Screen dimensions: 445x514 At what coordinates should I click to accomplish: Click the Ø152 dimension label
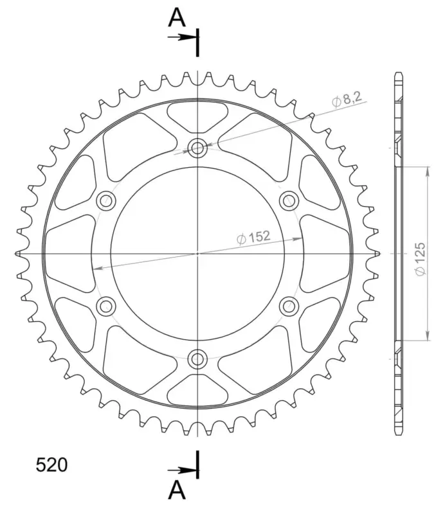coord(253,237)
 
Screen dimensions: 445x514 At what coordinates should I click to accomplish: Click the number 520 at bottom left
coord(51,465)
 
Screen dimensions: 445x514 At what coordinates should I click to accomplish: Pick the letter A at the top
coord(177,18)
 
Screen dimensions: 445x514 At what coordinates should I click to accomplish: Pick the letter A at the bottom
coord(177,490)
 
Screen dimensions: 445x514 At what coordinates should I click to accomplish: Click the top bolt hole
coord(197,148)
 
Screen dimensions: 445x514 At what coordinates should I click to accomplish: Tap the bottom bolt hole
coord(197,359)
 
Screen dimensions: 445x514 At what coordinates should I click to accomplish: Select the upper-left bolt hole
coord(106,200)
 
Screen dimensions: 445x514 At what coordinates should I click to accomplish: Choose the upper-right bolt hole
coord(289,200)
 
